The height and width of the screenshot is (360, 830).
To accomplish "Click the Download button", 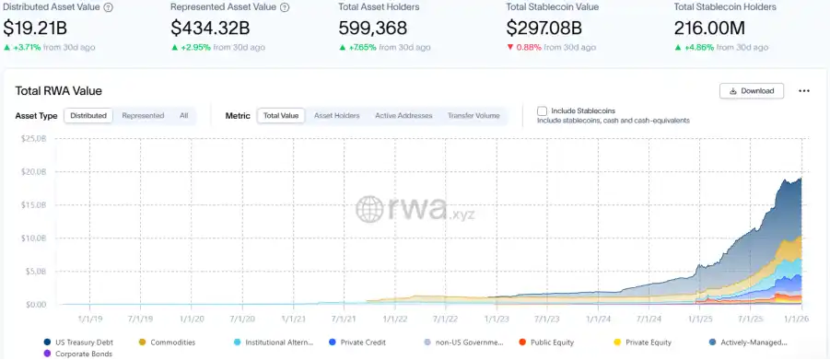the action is pos(752,91).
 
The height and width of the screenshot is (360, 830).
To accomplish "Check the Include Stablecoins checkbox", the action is pos(542,111).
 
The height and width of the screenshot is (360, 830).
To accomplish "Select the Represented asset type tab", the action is pos(143,115).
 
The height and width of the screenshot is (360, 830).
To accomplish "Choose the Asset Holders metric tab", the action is pos(336,115).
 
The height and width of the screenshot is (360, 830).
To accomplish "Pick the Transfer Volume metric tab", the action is pos(473,115).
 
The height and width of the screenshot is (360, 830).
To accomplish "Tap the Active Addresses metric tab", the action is pos(403,115).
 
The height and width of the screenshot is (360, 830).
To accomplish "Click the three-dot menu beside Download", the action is pos(804,91).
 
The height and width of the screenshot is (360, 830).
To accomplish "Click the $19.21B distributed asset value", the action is pos(35,28).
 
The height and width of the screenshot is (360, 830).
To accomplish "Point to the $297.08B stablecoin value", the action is pos(544,28).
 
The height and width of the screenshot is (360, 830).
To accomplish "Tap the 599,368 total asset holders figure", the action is pos(373,28).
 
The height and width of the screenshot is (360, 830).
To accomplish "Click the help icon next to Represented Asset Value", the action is pos(285,7).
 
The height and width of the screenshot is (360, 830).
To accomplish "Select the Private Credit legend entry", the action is pos(357,343).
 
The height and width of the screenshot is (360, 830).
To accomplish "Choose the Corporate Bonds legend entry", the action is pos(78,354).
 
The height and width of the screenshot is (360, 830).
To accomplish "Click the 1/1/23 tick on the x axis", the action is pos(496,319).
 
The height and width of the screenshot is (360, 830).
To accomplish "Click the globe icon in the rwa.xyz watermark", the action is pos(369,209).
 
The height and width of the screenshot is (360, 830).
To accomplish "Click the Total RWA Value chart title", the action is pos(59,91).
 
